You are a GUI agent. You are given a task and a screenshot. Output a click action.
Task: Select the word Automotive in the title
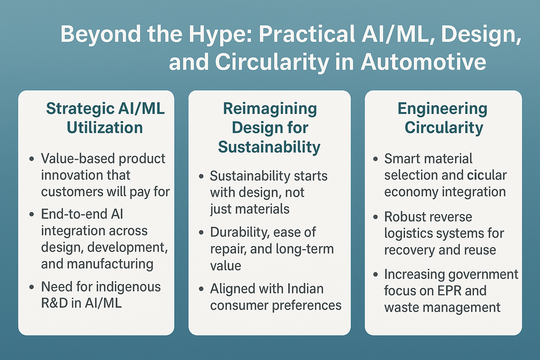pyautogui.click(x=423, y=63)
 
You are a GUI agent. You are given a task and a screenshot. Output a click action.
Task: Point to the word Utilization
pyautogui.click(x=104, y=127)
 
